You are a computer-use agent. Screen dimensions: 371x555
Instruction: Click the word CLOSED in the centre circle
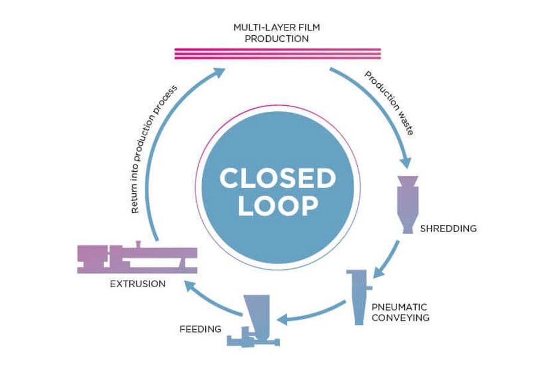point(277,179)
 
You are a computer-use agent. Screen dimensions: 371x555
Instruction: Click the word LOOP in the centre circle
point(277,206)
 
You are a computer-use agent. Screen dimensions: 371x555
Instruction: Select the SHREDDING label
point(448,229)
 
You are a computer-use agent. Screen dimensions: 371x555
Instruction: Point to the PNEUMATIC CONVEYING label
point(400,312)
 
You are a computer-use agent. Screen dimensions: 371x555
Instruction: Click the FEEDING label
point(200,329)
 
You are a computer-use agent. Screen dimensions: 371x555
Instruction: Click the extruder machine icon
point(137,258)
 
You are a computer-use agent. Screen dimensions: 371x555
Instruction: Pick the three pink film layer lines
point(277,54)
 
